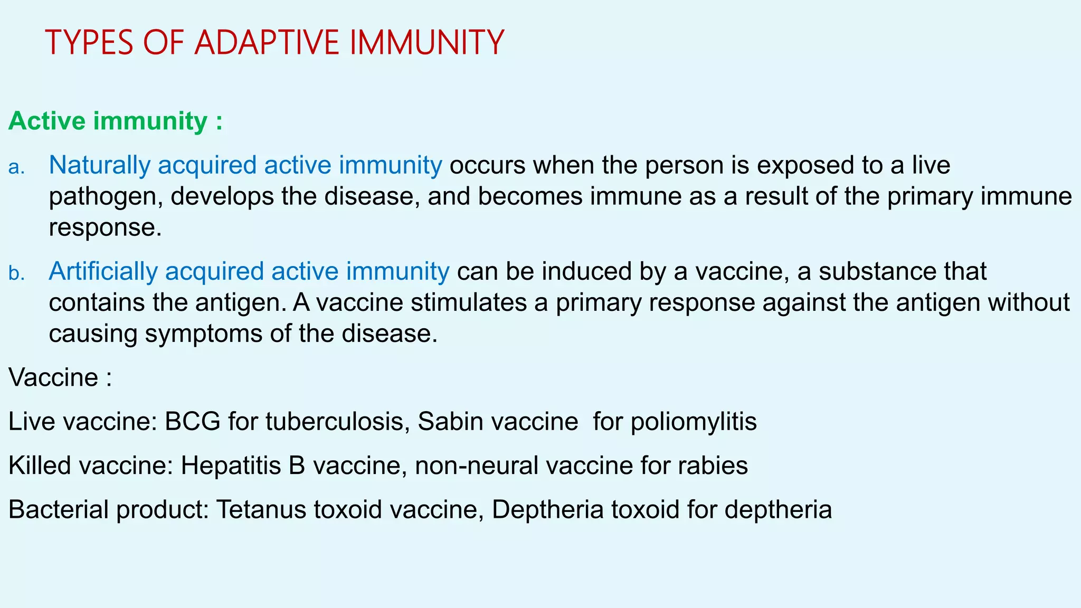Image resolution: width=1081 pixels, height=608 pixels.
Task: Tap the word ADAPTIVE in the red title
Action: pyautogui.click(x=267, y=43)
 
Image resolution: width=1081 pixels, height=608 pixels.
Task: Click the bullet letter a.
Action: pyautogui.click(x=17, y=167)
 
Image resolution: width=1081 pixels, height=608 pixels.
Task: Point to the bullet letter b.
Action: pyautogui.click(x=17, y=273)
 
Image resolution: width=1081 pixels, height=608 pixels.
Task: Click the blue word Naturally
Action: pyautogui.click(x=100, y=166)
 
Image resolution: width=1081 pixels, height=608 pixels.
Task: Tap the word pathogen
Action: pyautogui.click(x=106, y=197)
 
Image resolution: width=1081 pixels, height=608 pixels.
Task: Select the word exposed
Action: pyautogui.click(x=807, y=166)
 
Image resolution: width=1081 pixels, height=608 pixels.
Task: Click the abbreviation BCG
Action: pyautogui.click(x=193, y=422)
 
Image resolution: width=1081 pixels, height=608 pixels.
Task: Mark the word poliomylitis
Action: pyautogui.click(x=694, y=422)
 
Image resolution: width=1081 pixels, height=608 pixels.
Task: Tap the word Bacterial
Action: pyautogui.click(x=58, y=510)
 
